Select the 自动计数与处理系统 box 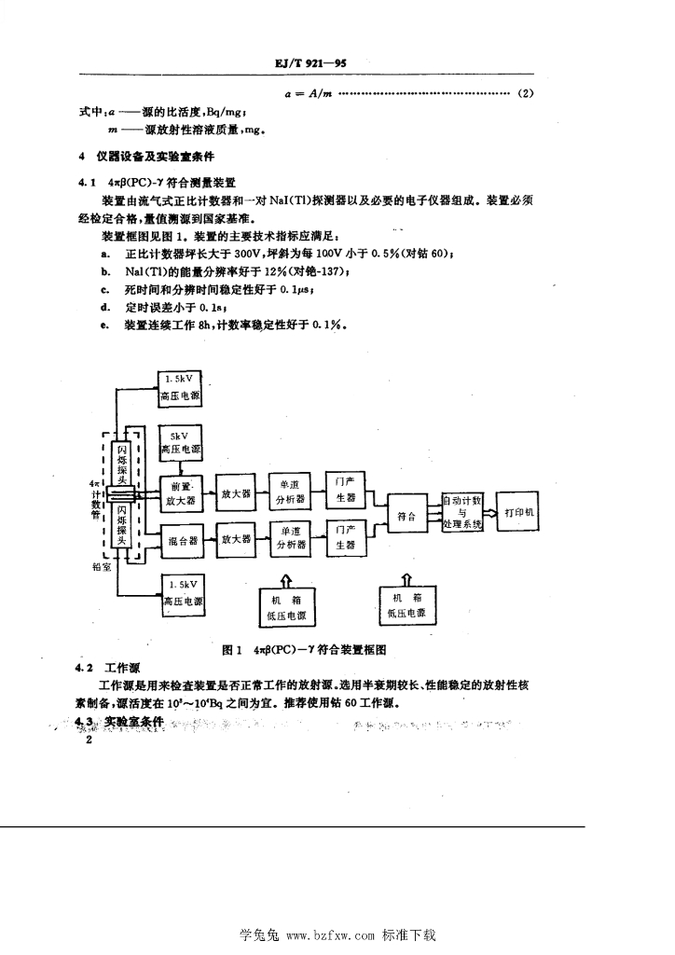pos(462,513)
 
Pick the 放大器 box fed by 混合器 pos(236,539)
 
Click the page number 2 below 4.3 pos(89,740)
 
